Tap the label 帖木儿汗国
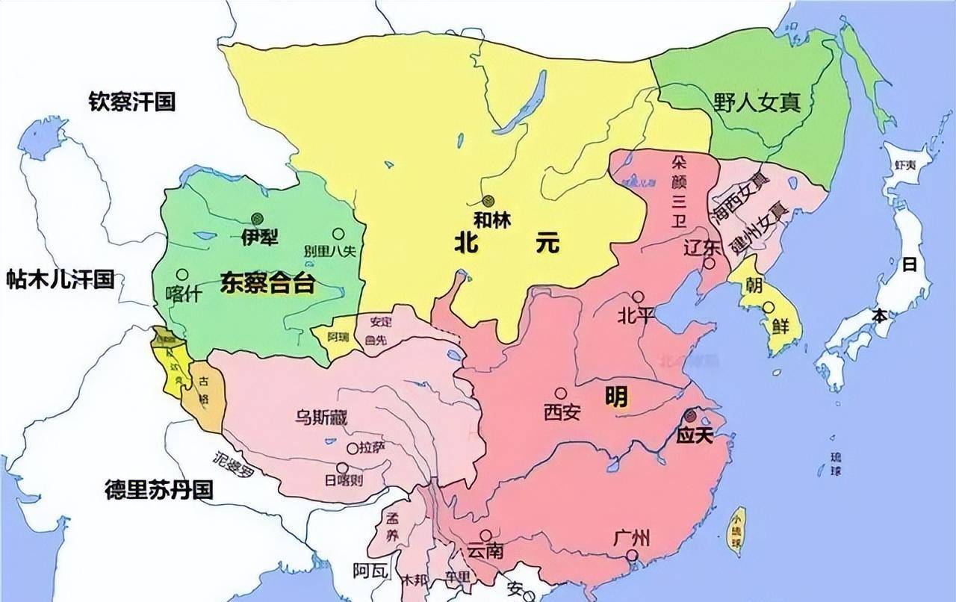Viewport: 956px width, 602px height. click(x=60, y=279)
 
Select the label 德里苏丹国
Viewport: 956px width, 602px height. click(x=158, y=490)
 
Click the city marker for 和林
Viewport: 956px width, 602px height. click(x=488, y=200)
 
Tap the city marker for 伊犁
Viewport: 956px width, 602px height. click(x=258, y=218)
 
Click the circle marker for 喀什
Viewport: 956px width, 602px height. click(x=181, y=274)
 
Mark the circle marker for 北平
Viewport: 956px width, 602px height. click(x=638, y=297)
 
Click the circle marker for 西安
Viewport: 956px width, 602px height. click(x=560, y=393)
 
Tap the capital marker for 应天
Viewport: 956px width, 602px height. click(x=692, y=415)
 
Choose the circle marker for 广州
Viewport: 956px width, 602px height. click(x=633, y=555)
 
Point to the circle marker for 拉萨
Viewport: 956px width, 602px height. click(x=353, y=448)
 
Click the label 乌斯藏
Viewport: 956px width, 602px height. click(x=321, y=418)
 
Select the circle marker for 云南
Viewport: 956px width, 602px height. click(x=486, y=535)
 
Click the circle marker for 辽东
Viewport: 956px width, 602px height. click(x=709, y=263)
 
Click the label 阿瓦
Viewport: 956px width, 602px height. click(x=371, y=571)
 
